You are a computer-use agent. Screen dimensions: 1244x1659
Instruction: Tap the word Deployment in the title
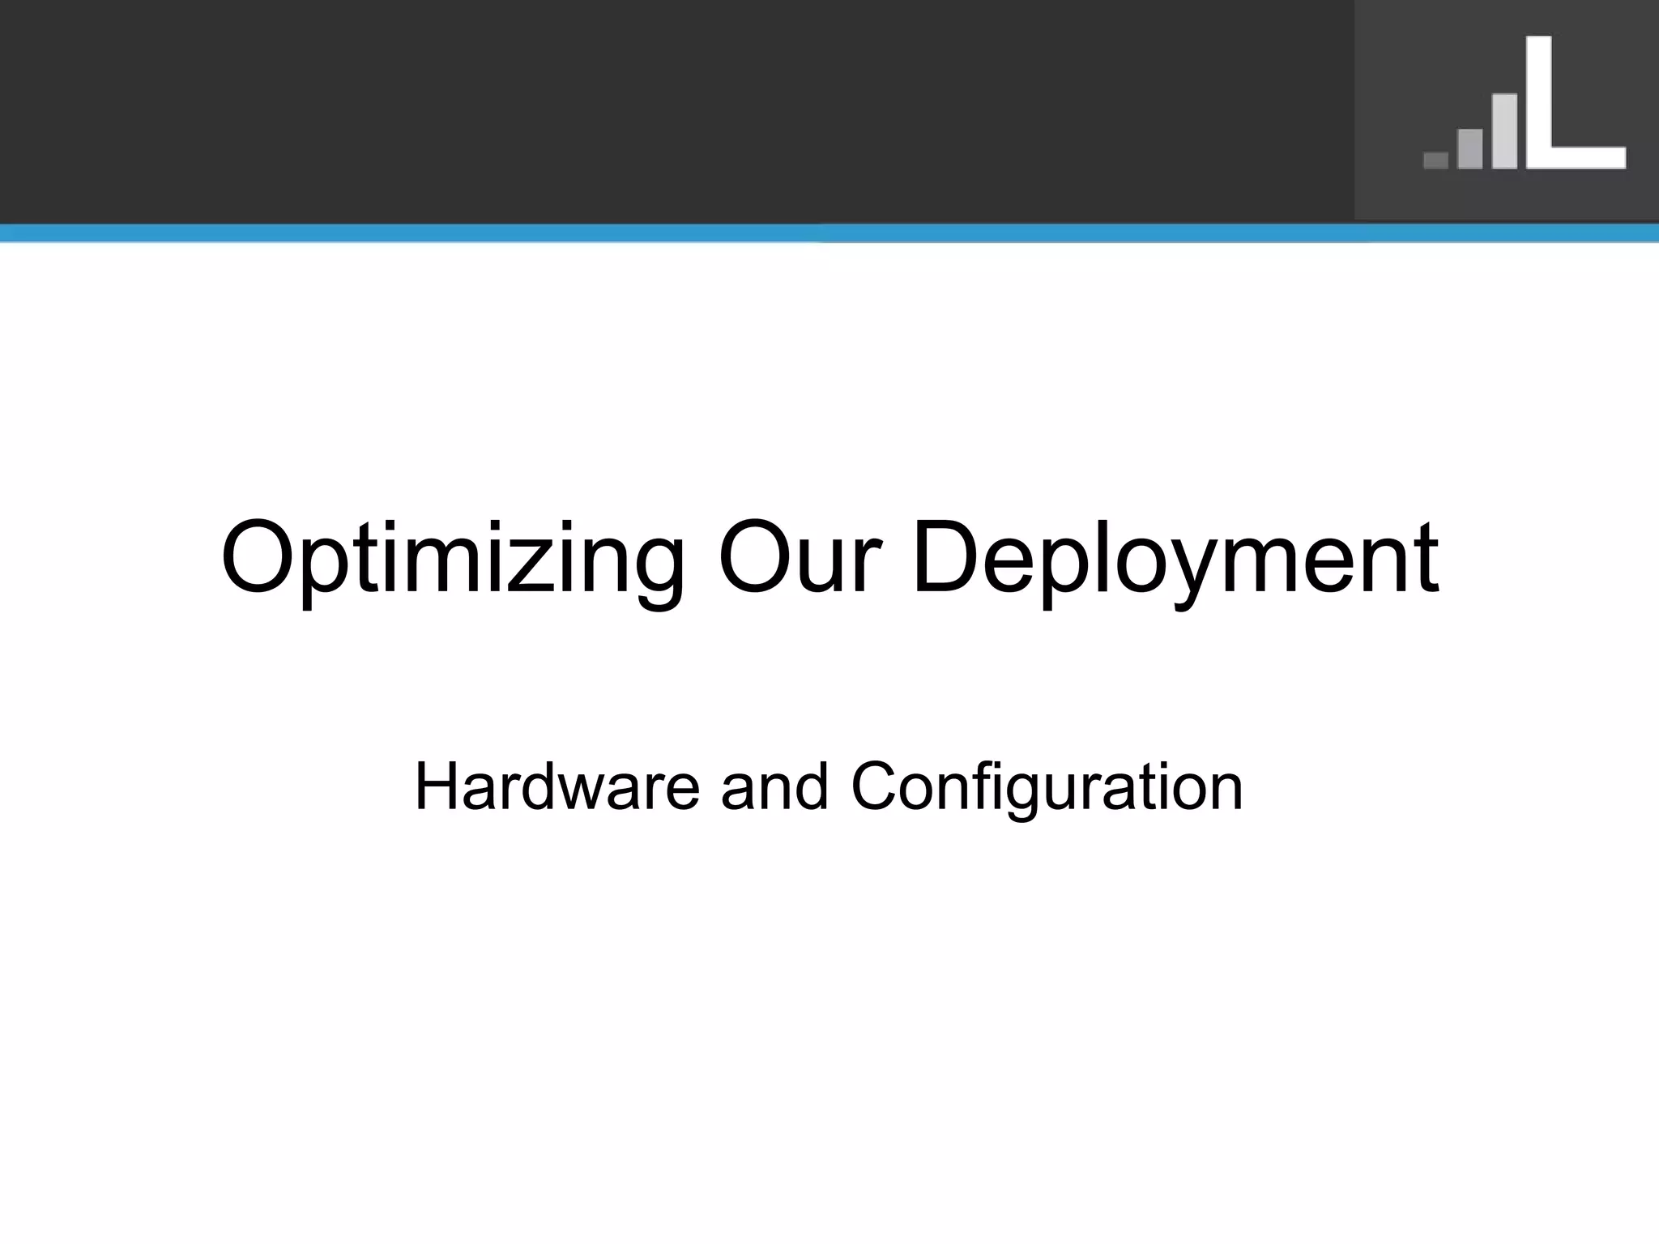coord(1175,559)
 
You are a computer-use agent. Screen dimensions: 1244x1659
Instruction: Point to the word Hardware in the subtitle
coord(557,786)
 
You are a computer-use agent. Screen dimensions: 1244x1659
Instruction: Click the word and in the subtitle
coord(774,786)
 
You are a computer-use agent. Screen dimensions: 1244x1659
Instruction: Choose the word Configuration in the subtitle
coord(1047,786)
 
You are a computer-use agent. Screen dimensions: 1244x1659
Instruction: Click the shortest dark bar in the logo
coord(1435,160)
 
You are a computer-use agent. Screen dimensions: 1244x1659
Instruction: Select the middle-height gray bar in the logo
coord(1469,149)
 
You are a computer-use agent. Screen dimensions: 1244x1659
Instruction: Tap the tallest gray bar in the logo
coord(1504,131)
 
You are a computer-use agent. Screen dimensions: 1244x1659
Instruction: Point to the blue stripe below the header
coord(829,233)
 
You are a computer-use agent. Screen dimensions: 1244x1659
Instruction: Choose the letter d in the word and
coord(810,786)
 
